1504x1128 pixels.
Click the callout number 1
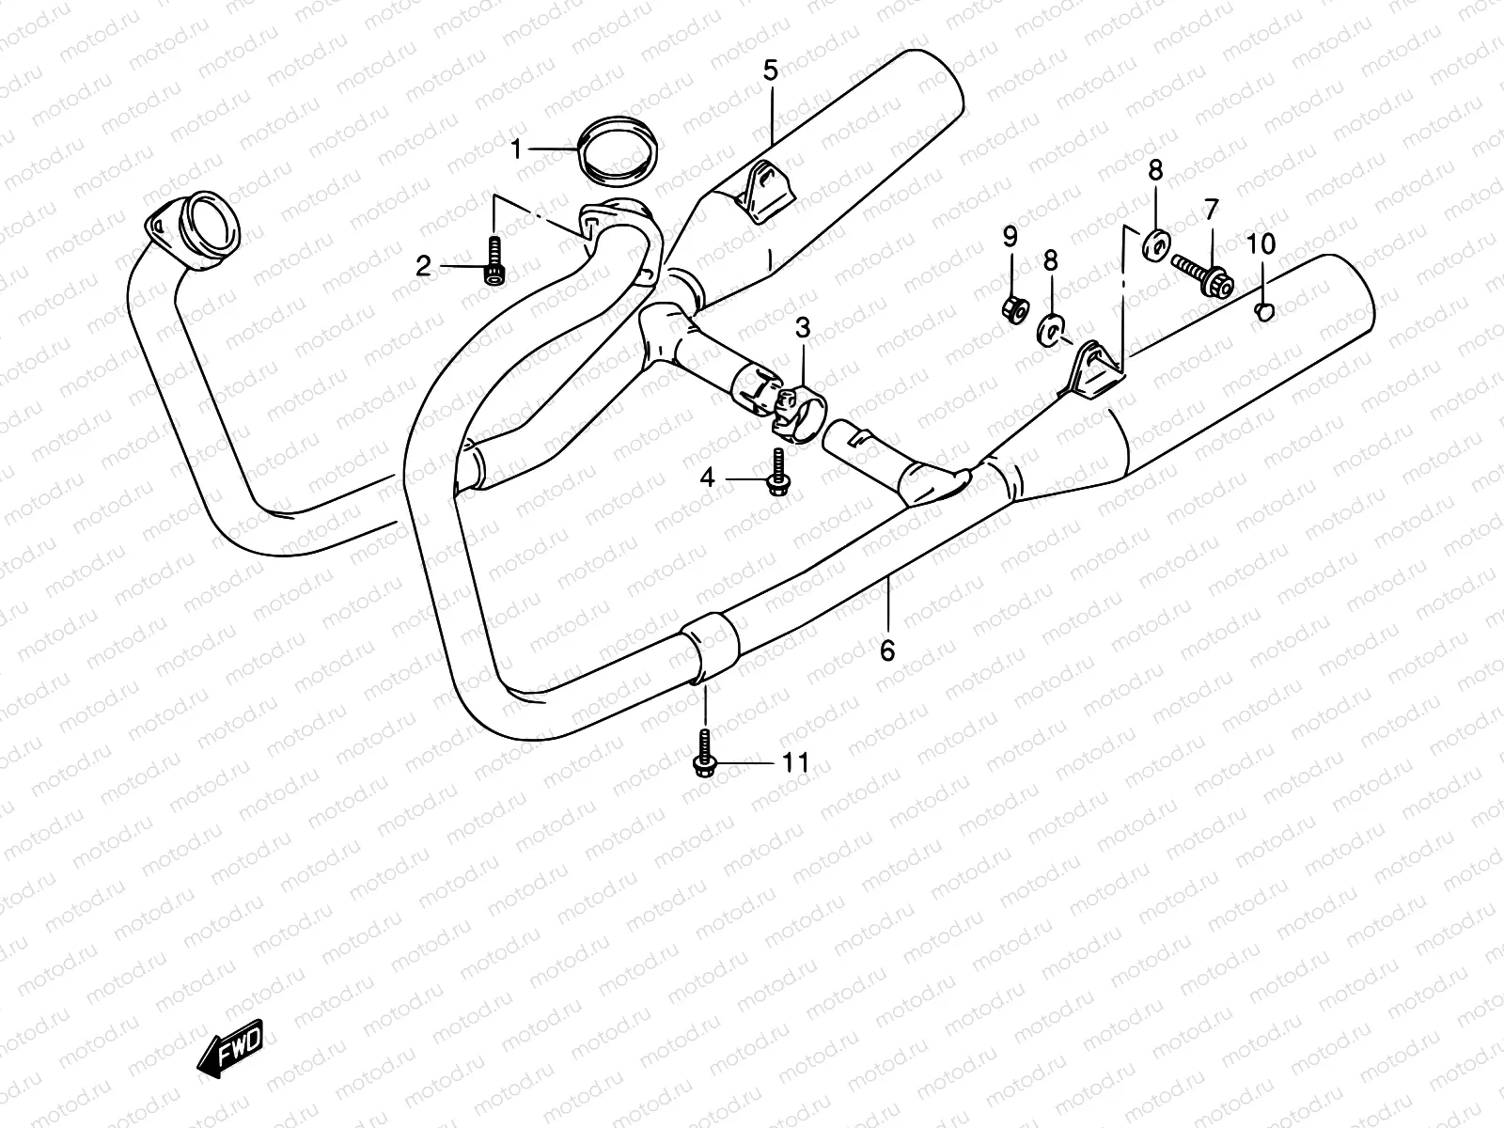click(515, 148)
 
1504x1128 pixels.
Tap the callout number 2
click(423, 267)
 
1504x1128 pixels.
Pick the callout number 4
click(707, 478)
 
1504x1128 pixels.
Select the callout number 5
click(770, 70)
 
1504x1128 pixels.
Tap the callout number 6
click(888, 650)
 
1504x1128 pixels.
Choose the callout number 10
click(1261, 244)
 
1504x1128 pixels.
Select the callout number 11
click(795, 762)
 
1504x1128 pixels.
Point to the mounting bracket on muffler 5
click(767, 193)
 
